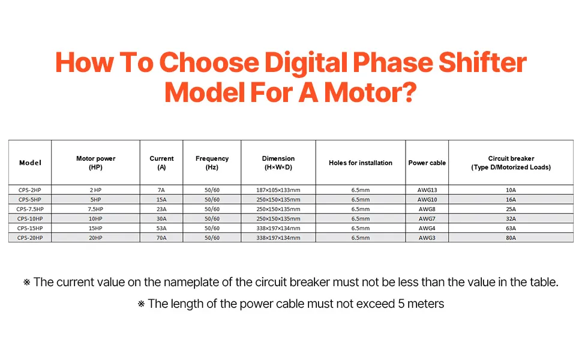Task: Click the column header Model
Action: point(30,163)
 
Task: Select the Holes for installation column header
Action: point(361,163)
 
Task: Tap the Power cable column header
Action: point(427,163)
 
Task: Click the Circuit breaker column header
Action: point(511,163)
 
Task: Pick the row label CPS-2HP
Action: point(29,190)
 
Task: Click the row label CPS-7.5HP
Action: point(29,209)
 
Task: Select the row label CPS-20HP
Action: point(29,238)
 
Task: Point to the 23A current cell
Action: point(161,209)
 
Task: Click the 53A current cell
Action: point(161,228)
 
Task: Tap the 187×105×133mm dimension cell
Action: point(278,190)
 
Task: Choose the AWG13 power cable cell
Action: point(427,190)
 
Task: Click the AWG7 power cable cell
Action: point(427,218)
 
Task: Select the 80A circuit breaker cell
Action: point(511,238)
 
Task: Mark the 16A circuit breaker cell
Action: point(511,200)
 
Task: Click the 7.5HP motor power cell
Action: point(95,209)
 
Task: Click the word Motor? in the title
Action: point(370,92)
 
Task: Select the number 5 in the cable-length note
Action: point(401,304)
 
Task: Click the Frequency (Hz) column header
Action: point(212,163)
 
